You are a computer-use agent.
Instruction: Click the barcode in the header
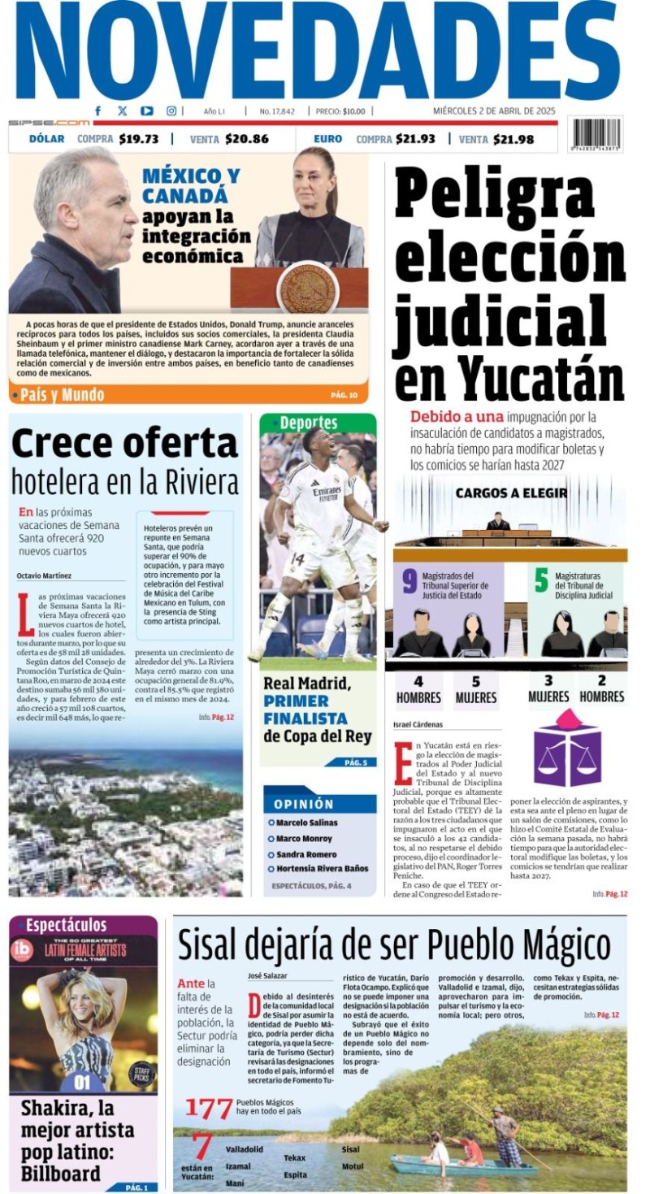point(595,133)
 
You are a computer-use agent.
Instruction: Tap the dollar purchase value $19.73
point(138,139)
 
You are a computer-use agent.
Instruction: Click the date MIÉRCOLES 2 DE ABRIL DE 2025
point(493,111)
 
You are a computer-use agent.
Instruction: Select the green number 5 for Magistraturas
point(541,580)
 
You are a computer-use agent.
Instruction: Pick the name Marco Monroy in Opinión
point(304,838)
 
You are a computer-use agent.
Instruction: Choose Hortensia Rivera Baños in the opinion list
point(322,868)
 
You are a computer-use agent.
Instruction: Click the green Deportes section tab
point(309,423)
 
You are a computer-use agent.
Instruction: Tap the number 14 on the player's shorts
point(297,558)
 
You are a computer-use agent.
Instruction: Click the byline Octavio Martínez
point(44,575)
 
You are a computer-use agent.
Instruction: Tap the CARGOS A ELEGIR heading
point(510,493)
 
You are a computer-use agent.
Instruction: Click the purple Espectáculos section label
point(66,925)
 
